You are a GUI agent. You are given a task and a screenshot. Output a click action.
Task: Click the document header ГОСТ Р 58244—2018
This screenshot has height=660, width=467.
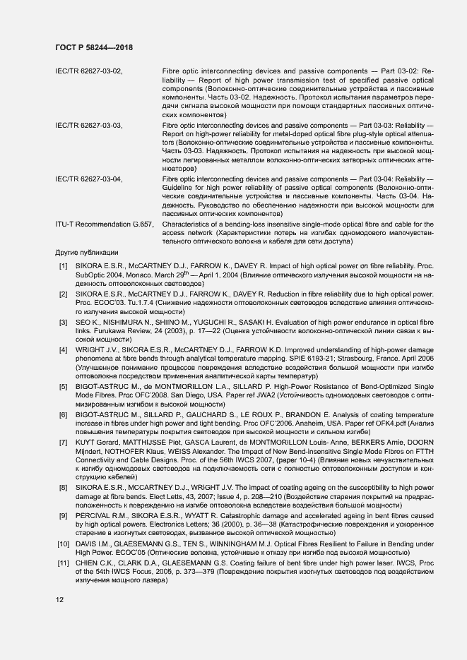tap(94, 47)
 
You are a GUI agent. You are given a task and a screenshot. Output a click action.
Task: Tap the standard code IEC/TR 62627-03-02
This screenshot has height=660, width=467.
tap(89, 71)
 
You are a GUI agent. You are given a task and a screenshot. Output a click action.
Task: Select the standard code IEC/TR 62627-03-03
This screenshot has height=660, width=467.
tap(89, 125)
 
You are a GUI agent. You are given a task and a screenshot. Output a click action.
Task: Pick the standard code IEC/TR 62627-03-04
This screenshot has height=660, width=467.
tap(89, 179)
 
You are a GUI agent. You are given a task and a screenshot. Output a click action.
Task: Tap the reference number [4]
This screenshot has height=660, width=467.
tap(63, 349)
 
